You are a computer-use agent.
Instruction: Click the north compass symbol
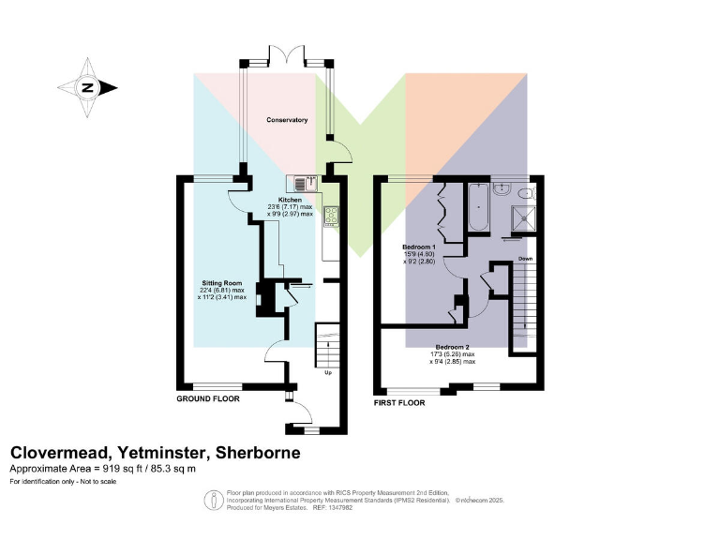[88, 88]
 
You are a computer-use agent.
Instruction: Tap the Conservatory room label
[287, 120]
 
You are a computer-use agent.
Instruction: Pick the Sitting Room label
[222, 282]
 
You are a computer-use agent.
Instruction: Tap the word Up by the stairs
[328, 373]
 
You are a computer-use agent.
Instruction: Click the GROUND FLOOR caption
[208, 398]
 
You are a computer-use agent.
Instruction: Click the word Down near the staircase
[526, 259]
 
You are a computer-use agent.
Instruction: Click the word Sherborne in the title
[259, 453]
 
